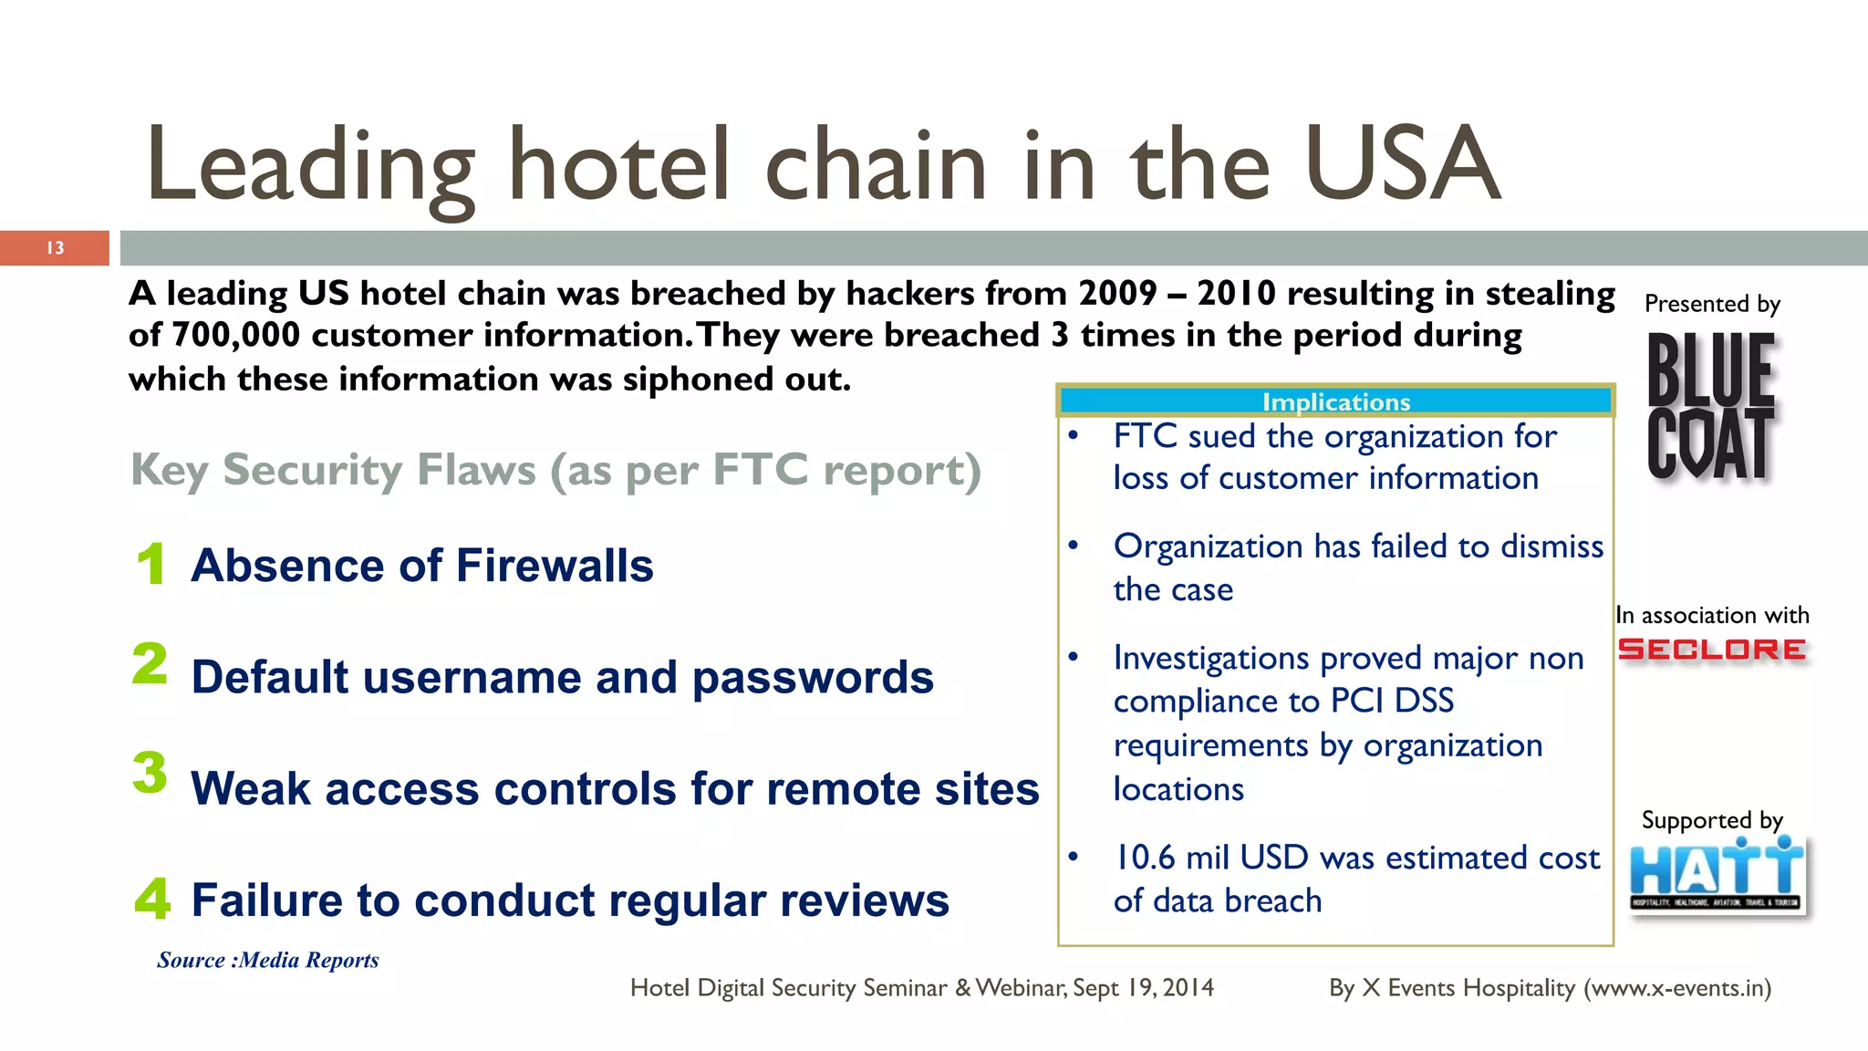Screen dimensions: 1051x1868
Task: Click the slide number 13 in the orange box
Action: (x=56, y=248)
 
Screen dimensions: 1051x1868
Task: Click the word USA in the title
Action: (x=1403, y=165)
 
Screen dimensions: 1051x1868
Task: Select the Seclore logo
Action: (x=1711, y=650)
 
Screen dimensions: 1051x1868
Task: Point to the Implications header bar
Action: (x=1335, y=401)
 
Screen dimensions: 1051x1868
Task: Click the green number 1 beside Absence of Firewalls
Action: (x=151, y=563)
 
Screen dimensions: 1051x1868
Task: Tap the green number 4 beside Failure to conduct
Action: (x=152, y=898)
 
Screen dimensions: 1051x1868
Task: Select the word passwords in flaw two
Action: (x=813, y=678)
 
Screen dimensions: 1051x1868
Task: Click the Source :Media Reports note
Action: (x=268, y=960)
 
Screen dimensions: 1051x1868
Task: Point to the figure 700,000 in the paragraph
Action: (x=235, y=336)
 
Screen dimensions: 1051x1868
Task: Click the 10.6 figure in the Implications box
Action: (x=1146, y=858)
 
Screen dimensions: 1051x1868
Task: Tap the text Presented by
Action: (x=1712, y=304)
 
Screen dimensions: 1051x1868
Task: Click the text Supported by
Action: (x=1711, y=820)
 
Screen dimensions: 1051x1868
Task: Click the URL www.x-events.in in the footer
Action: (x=1676, y=988)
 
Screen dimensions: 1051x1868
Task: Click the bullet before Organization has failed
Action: (x=1074, y=546)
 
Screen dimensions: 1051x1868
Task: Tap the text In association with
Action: (x=1712, y=616)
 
